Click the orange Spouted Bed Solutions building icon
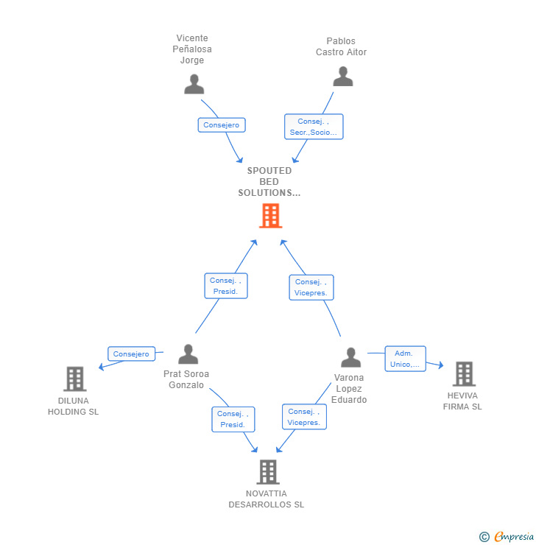click(270, 216)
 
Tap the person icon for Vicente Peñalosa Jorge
click(194, 84)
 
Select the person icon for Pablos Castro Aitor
click(342, 77)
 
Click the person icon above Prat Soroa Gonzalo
click(188, 354)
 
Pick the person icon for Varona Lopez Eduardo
click(350, 357)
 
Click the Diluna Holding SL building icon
click(74, 379)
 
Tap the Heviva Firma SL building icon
click(463, 373)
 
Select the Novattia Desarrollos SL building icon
click(268, 471)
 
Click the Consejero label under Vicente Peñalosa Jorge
click(222, 125)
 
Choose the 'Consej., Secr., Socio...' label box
click(314, 127)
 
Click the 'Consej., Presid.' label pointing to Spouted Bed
click(225, 286)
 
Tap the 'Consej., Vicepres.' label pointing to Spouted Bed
click(311, 287)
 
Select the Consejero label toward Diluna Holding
click(132, 354)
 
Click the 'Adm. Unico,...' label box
click(405, 359)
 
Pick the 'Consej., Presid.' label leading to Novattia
click(233, 419)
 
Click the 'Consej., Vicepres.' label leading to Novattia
click(303, 417)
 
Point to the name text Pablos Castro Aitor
click(341, 47)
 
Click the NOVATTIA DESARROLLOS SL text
click(267, 499)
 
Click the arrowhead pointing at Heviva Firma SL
click(440, 365)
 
